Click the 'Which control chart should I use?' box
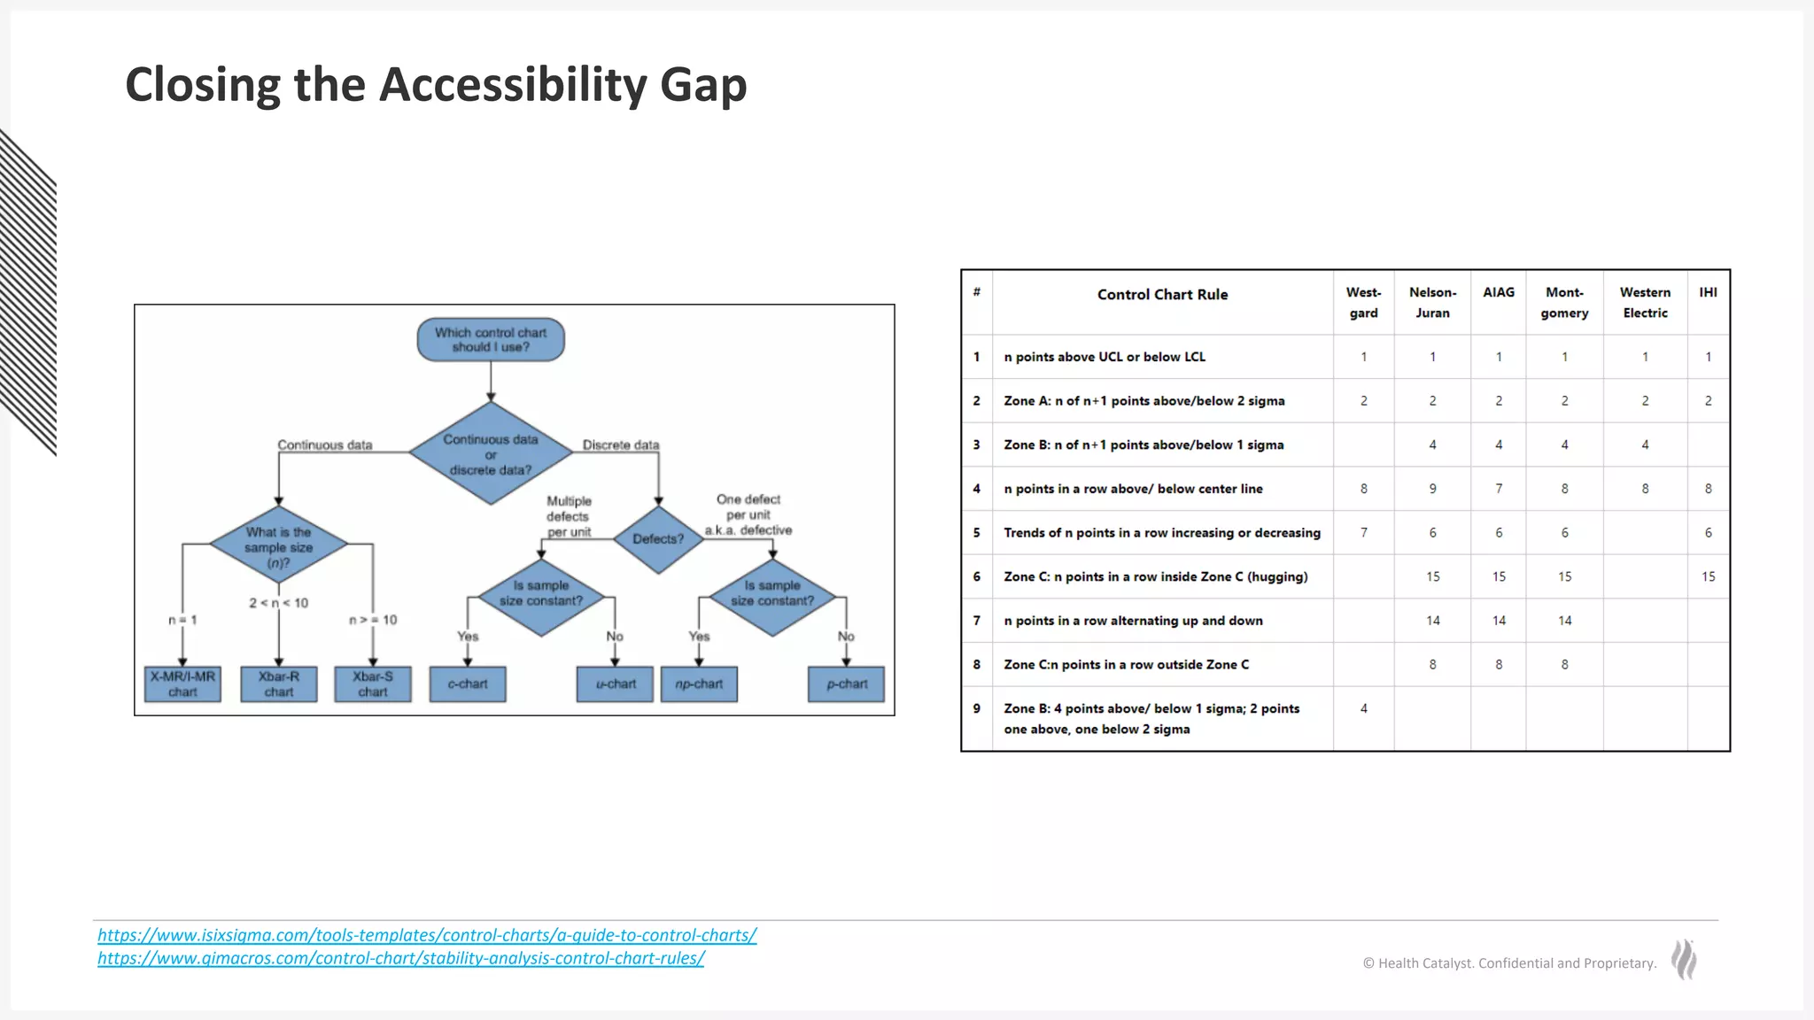pos(491,340)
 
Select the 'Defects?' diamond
pos(658,538)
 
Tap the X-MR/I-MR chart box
pos(182,684)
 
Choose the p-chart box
pos(846,684)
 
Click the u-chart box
pos(615,684)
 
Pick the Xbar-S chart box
pos(373,684)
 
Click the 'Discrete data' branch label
pos(621,444)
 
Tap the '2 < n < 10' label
pos(278,603)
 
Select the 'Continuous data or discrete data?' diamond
pos(491,453)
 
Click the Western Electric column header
pos(1645,302)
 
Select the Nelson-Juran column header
pos(1432,302)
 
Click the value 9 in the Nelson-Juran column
pos(1432,489)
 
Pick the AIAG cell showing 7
pos(1499,489)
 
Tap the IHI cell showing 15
pos(1708,576)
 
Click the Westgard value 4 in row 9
pos(1363,708)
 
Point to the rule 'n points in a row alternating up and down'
pos(1133,621)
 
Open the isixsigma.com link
pos(427,935)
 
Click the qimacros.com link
pos(400,958)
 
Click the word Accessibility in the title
pos(513,85)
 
